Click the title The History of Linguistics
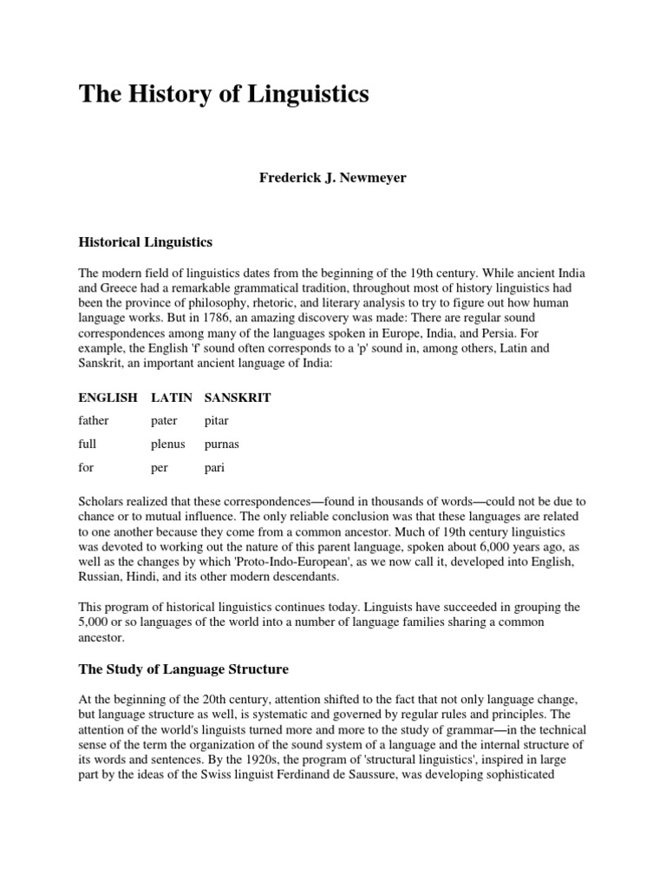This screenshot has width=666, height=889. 224,95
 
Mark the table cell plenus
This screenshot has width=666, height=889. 168,444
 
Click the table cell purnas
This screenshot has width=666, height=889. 222,444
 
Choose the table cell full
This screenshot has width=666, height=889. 87,444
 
